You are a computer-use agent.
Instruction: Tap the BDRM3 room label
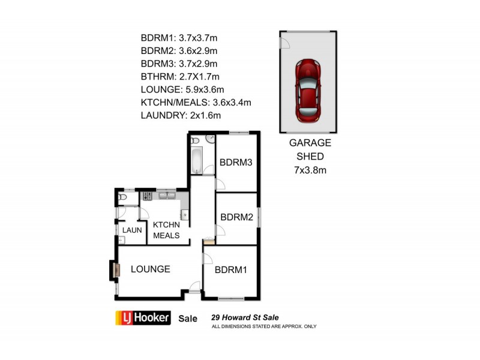point(235,162)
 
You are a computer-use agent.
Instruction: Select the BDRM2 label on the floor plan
point(236,217)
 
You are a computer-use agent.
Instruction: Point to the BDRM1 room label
point(231,270)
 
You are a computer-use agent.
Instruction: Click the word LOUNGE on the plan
point(150,269)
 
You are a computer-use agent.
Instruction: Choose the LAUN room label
point(131,230)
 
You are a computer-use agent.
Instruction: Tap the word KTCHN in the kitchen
point(166,224)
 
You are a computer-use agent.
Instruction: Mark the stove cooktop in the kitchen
point(147,196)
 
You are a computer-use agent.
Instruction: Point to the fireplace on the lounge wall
point(113,270)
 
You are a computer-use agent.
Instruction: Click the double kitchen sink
point(167,196)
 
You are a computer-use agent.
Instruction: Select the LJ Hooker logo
point(143,318)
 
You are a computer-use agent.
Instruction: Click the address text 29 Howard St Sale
point(244,318)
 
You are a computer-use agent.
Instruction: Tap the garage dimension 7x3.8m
point(310,170)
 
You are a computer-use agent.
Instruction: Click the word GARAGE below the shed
point(310,143)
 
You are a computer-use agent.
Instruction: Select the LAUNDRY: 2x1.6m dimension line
point(181,115)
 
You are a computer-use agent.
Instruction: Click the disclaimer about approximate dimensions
point(263,327)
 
